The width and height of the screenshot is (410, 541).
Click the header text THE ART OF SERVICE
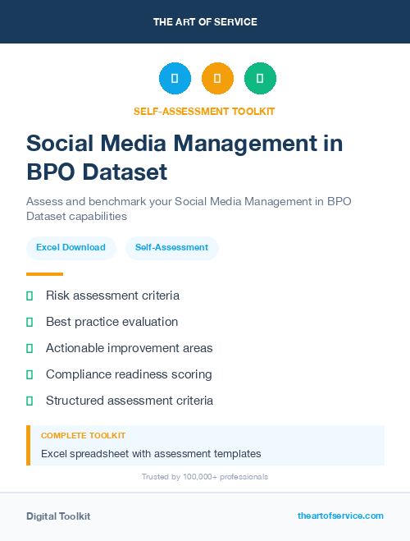coord(205,22)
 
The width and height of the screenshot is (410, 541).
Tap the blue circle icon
coord(175,79)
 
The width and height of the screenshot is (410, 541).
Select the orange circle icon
coord(217,79)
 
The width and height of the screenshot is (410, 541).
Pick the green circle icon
coord(260,79)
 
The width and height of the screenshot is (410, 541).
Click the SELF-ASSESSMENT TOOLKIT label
coord(205,111)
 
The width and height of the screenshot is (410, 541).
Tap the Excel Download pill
coord(71,247)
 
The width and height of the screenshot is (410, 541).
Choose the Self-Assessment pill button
coord(171,247)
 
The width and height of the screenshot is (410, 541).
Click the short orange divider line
coord(44,274)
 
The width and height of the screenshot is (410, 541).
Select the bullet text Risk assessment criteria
coord(112,296)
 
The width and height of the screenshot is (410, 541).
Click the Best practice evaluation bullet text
coord(112,322)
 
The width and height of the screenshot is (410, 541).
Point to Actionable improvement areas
coord(129,348)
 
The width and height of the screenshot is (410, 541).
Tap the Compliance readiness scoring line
coord(129,374)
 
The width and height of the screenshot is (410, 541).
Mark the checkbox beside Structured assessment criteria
coord(30,401)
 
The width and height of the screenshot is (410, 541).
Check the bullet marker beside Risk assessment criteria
coord(30,296)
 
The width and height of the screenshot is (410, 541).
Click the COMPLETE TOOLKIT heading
coord(83,436)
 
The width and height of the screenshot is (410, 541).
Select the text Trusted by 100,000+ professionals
coord(205,476)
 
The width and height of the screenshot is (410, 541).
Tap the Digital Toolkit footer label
coord(58,516)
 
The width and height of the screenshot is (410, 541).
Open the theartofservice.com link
coord(340,516)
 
